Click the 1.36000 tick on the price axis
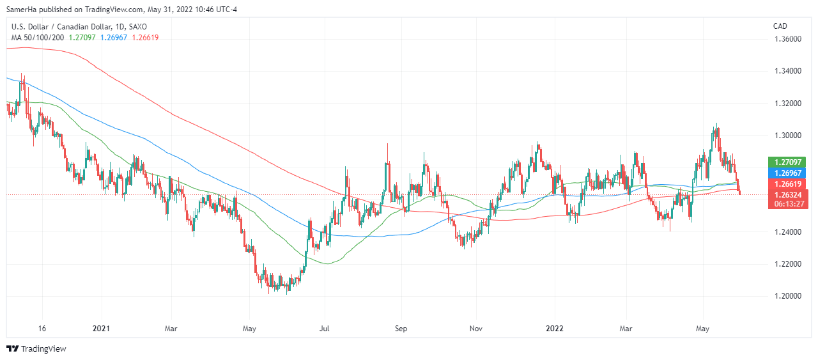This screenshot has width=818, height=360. [788, 39]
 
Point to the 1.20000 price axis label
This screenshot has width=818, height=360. [788, 296]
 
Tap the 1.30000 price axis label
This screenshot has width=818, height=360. [788, 136]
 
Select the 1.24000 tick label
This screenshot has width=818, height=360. [788, 231]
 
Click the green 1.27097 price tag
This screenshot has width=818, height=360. [788, 162]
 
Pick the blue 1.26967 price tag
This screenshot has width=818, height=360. [788, 173]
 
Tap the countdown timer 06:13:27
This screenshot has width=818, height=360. [788, 204]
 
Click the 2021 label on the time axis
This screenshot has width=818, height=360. [102, 329]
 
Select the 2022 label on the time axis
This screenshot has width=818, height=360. [553, 329]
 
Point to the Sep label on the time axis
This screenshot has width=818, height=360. [401, 329]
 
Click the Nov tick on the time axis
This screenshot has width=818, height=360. [475, 329]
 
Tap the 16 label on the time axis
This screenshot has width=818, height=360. [42, 329]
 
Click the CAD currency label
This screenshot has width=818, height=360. [780, 26]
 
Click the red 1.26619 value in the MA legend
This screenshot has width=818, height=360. [145, 37]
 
